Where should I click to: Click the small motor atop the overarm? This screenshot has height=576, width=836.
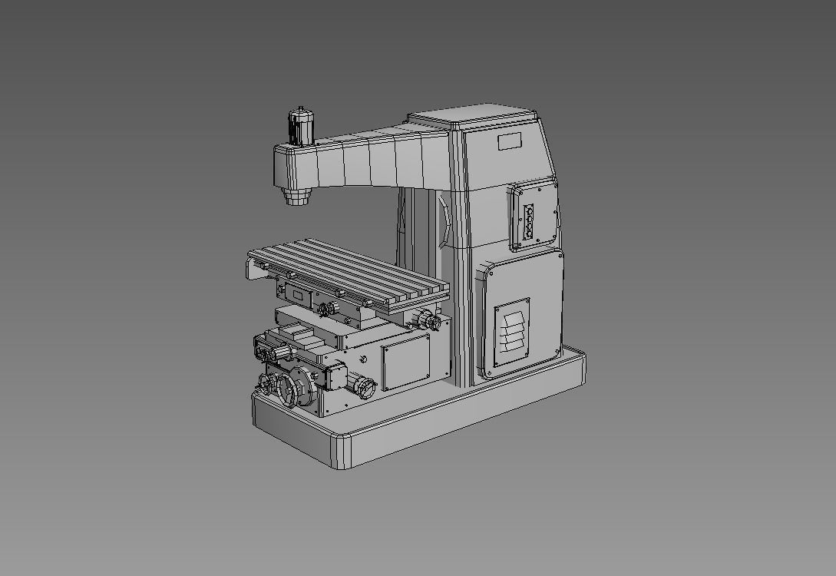[x=301, y=126]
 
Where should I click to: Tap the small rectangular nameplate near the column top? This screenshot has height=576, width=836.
[x=509, y=141]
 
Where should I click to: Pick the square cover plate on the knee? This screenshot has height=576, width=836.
[x=405, y=362]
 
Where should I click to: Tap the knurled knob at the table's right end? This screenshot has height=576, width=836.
[x=425, y=319]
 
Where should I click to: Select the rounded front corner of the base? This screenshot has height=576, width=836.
[x=342, y=453]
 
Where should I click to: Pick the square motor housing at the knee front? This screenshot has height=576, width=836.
[x=335, y=376]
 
